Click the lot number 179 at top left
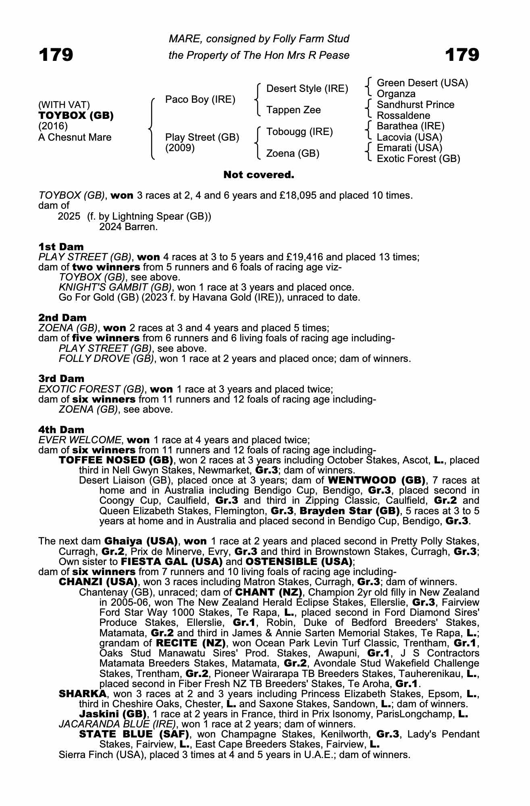point(56,54)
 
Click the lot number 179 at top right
point(462,54)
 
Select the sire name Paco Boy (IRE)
point(200,100)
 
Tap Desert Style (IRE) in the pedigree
point(307,89)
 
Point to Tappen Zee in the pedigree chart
point(293,110)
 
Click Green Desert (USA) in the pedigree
point(422,83)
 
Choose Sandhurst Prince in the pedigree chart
point(415,105)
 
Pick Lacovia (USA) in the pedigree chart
point(409,137)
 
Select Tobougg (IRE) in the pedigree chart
point(299,132)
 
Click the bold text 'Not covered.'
point(259,175)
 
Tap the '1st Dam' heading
point(61,247)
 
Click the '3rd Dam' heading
point(61,378)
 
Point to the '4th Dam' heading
point(61,430)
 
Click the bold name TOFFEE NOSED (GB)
point(116,460)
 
